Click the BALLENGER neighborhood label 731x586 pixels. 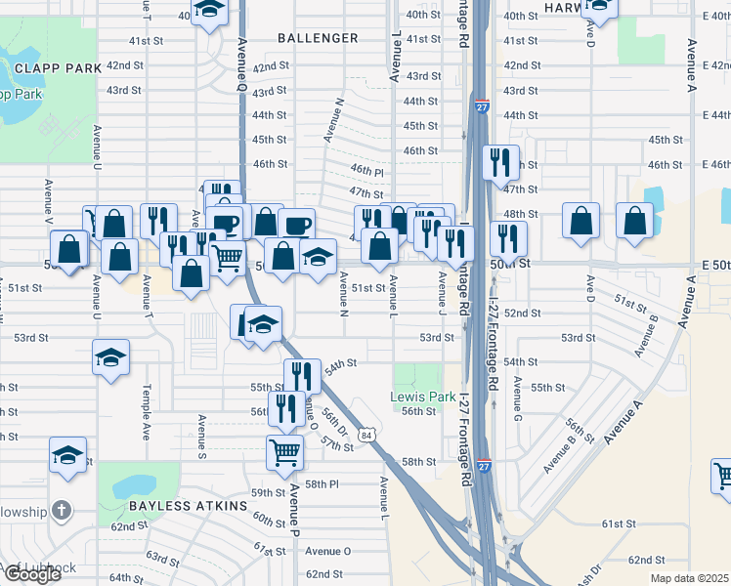(317, 38)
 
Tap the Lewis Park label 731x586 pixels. (423, 398)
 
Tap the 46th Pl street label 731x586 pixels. (366, 170)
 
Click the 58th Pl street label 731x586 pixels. (321, 484)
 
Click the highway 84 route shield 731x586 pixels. (365, 435)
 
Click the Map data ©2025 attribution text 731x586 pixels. (688, 578)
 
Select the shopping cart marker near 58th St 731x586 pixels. (284, 451)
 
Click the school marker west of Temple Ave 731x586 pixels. (110, 357)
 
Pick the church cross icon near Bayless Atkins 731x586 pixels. (61, 510)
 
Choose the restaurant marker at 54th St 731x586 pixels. (301, 375)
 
